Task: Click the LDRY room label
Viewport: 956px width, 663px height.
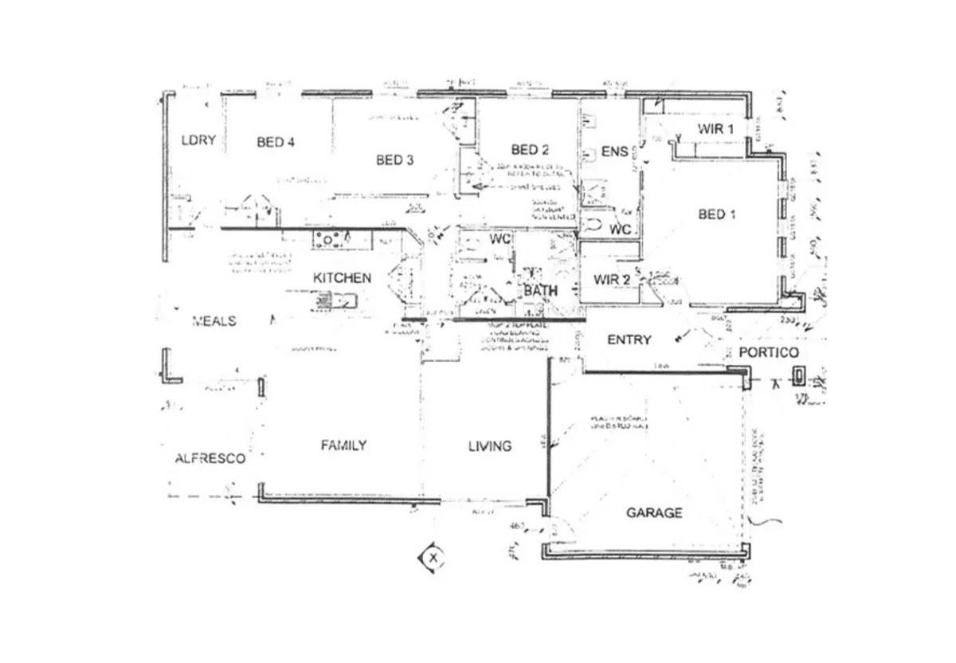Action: click(x=198, y=140)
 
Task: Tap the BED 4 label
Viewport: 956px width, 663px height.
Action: click(x=276, y=143)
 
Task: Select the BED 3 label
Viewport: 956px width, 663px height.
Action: click(x=394, y=160)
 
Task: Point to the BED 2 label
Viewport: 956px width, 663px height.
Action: click(x=531, y=149)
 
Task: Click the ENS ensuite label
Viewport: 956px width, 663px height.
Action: click(x=614, y=151)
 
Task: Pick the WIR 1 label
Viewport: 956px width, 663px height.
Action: click(x=715, y=128)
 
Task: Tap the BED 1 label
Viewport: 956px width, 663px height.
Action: click(x=717, y=214)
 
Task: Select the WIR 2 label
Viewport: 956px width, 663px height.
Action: click(x=613, y=280)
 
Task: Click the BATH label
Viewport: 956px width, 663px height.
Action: click(x=541, y=291)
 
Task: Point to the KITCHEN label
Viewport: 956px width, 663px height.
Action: click(x=342, y=278)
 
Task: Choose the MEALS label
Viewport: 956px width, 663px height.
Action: click(x=214, y=320)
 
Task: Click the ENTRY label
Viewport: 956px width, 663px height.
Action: click(x=629, y=339)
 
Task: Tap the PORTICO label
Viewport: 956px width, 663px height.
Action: click(x=768, y=352)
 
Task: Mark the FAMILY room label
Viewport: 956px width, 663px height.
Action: click(x=343, y=445)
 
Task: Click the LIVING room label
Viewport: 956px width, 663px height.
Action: click(x=489, y=445)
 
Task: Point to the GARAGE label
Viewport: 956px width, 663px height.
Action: click(x=653, y=512)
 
